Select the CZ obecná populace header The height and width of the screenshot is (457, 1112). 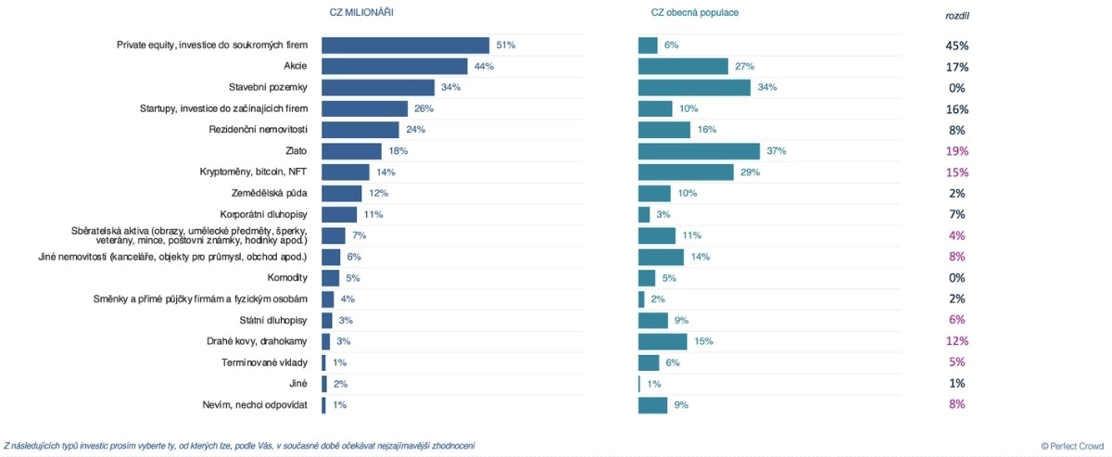pyautogui.click(x=693, y=12)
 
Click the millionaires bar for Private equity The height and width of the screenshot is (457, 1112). pyautogui.click(x=405, y=45)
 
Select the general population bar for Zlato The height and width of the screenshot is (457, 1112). pyautogui.click(x=699, y=151)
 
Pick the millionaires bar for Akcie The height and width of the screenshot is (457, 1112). pyautogui.click(x=394, y=66)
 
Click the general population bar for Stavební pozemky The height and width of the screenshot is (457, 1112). pyautogui.click(x=694, y=87)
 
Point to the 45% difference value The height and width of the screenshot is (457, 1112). pyautogui.click(x=956, y=45)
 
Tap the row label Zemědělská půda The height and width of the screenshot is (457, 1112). pyautogui.click(x=269, y=193)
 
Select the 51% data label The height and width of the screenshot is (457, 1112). pyautogui.click(x=506, y=45)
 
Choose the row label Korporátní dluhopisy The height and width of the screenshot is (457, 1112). pyautogui.click(x=262, y=214)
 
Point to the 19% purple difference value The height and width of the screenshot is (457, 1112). pyautogui.click(x=956, y=151)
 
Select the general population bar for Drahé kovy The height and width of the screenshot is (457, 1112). pyautogui.click(x=663, y=341)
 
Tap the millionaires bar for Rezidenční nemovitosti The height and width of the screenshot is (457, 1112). pyautogui.click(x=360, y=130)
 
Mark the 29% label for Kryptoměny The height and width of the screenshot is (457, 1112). pyautogui.click(x=748, y=172)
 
